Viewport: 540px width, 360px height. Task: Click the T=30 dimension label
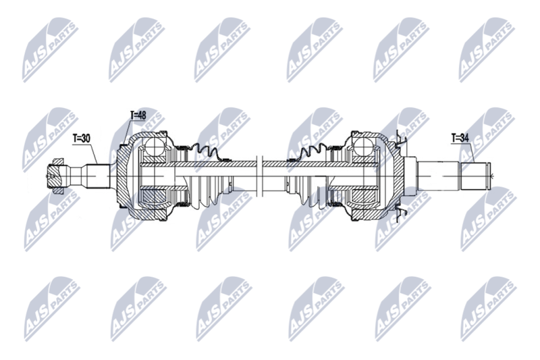click(81, 138)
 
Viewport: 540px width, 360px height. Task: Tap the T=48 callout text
click(138, 115)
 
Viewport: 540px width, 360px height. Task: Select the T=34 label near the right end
click(460, 138)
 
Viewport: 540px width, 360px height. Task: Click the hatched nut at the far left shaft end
click(55, 176)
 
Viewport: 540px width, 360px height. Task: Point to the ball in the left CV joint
click(154, 146)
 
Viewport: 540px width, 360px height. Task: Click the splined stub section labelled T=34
click(475, 176)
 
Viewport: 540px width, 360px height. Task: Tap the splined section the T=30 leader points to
click(98, 176)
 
